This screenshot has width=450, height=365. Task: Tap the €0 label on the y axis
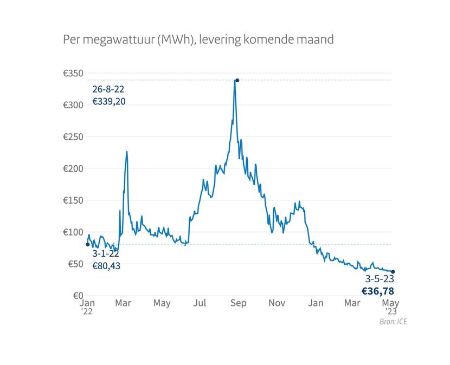coord(76,296)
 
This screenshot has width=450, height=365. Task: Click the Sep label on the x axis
coord(239,303)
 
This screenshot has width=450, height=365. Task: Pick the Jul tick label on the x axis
coord(201,303)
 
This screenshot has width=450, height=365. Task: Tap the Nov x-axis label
coord(277,303)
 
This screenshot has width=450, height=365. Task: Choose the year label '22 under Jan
coord(87,311)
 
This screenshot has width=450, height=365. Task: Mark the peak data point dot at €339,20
coord(237,80)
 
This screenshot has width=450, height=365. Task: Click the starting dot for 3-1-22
coord(88,244)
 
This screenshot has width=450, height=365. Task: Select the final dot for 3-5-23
coord(393,272)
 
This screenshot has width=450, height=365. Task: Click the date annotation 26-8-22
coord(108,90)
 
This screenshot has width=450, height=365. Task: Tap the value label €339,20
coord(109,101)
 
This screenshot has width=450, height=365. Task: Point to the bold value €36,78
coord(378,291)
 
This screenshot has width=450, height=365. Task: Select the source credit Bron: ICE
coord(394,322)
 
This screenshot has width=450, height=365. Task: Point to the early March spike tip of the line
coord(127,152)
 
